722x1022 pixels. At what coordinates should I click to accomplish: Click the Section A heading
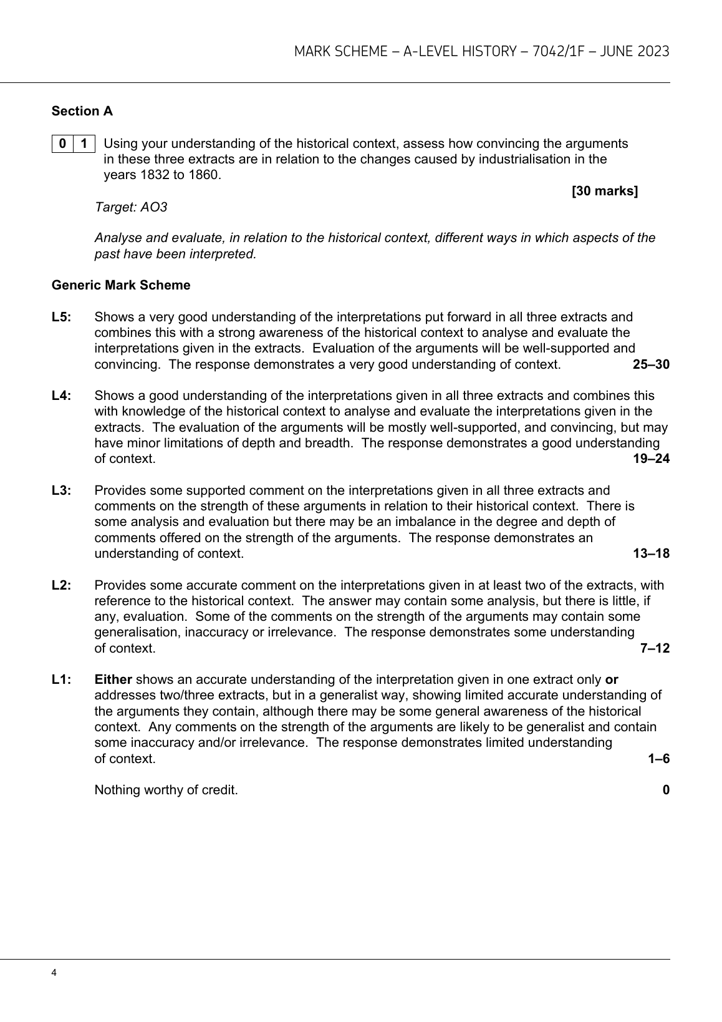click(82, 111)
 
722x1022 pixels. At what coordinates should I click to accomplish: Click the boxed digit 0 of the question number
click(62, 144)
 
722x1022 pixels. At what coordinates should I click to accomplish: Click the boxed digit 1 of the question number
click(84, 144)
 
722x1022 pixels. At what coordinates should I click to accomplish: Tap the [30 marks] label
click(605, 191)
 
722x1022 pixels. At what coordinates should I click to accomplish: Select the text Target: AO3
click(131, 207)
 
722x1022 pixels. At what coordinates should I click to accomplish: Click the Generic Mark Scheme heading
click(121, 285)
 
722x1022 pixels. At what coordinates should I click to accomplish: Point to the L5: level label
click(62, 317)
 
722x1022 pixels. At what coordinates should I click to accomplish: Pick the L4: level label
click(62, 396)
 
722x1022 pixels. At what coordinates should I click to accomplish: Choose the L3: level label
click(62, 490)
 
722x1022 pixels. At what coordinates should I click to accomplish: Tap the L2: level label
click(62, 585)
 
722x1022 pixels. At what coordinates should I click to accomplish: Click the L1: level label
click(62, 679)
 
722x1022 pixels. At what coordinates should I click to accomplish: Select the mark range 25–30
click(651, 364)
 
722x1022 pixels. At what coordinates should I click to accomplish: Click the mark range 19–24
click(651, 459)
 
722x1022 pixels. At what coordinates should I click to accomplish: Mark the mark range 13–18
click(651, 553)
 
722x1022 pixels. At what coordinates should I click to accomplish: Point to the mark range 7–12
click(655, 648)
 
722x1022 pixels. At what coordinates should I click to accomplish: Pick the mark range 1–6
click(658, 759)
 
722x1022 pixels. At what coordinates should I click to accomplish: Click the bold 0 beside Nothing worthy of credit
click(666, 790)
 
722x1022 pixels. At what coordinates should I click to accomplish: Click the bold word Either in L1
click(113, 679)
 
